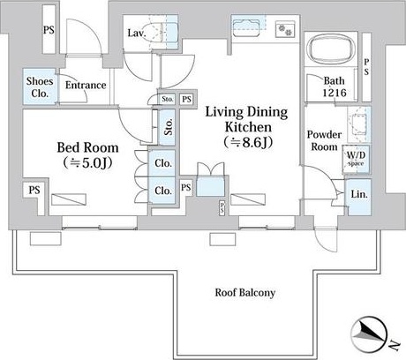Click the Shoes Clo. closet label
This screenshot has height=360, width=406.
click(40, 87)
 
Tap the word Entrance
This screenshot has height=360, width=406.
click(86, 86)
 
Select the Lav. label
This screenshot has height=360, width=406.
click(137, 33)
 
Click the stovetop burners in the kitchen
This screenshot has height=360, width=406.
click(285, 29)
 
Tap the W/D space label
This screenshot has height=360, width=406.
click(356, 158)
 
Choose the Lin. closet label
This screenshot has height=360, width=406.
click(359, 194)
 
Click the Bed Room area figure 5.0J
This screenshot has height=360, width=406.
click(88, 163)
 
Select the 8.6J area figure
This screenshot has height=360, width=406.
click(248, 143)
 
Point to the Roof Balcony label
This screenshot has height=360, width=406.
click(245, 293)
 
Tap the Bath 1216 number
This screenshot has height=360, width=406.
click(335, 93)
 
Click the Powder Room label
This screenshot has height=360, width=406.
click(324, 140)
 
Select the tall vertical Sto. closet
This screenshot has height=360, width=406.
click(168, 127)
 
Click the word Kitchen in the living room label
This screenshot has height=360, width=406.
click(248, 127)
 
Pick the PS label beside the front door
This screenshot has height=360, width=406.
click(49, 30)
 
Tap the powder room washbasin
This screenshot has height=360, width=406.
click(358, 124)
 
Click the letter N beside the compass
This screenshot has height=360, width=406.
click(395, 345)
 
